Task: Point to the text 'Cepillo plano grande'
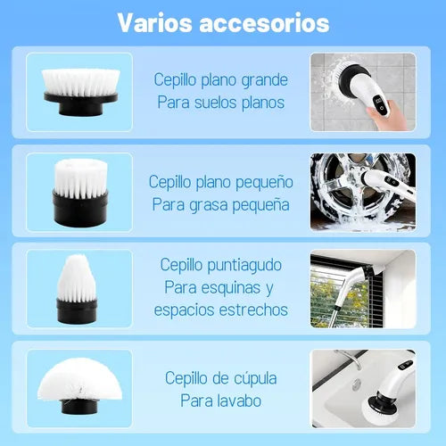coord(220,79)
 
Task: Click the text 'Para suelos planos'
coord(220,102)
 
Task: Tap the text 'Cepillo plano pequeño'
coord(220,181)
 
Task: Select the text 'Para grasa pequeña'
coord(220,204)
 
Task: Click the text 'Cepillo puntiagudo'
coord(220,265)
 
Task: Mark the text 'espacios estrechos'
coord(220,310)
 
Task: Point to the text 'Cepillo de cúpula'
coord(220,377)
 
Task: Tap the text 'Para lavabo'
coord(220,401)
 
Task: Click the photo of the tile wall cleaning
coord(363,93)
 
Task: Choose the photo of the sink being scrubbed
coord(363,389)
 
